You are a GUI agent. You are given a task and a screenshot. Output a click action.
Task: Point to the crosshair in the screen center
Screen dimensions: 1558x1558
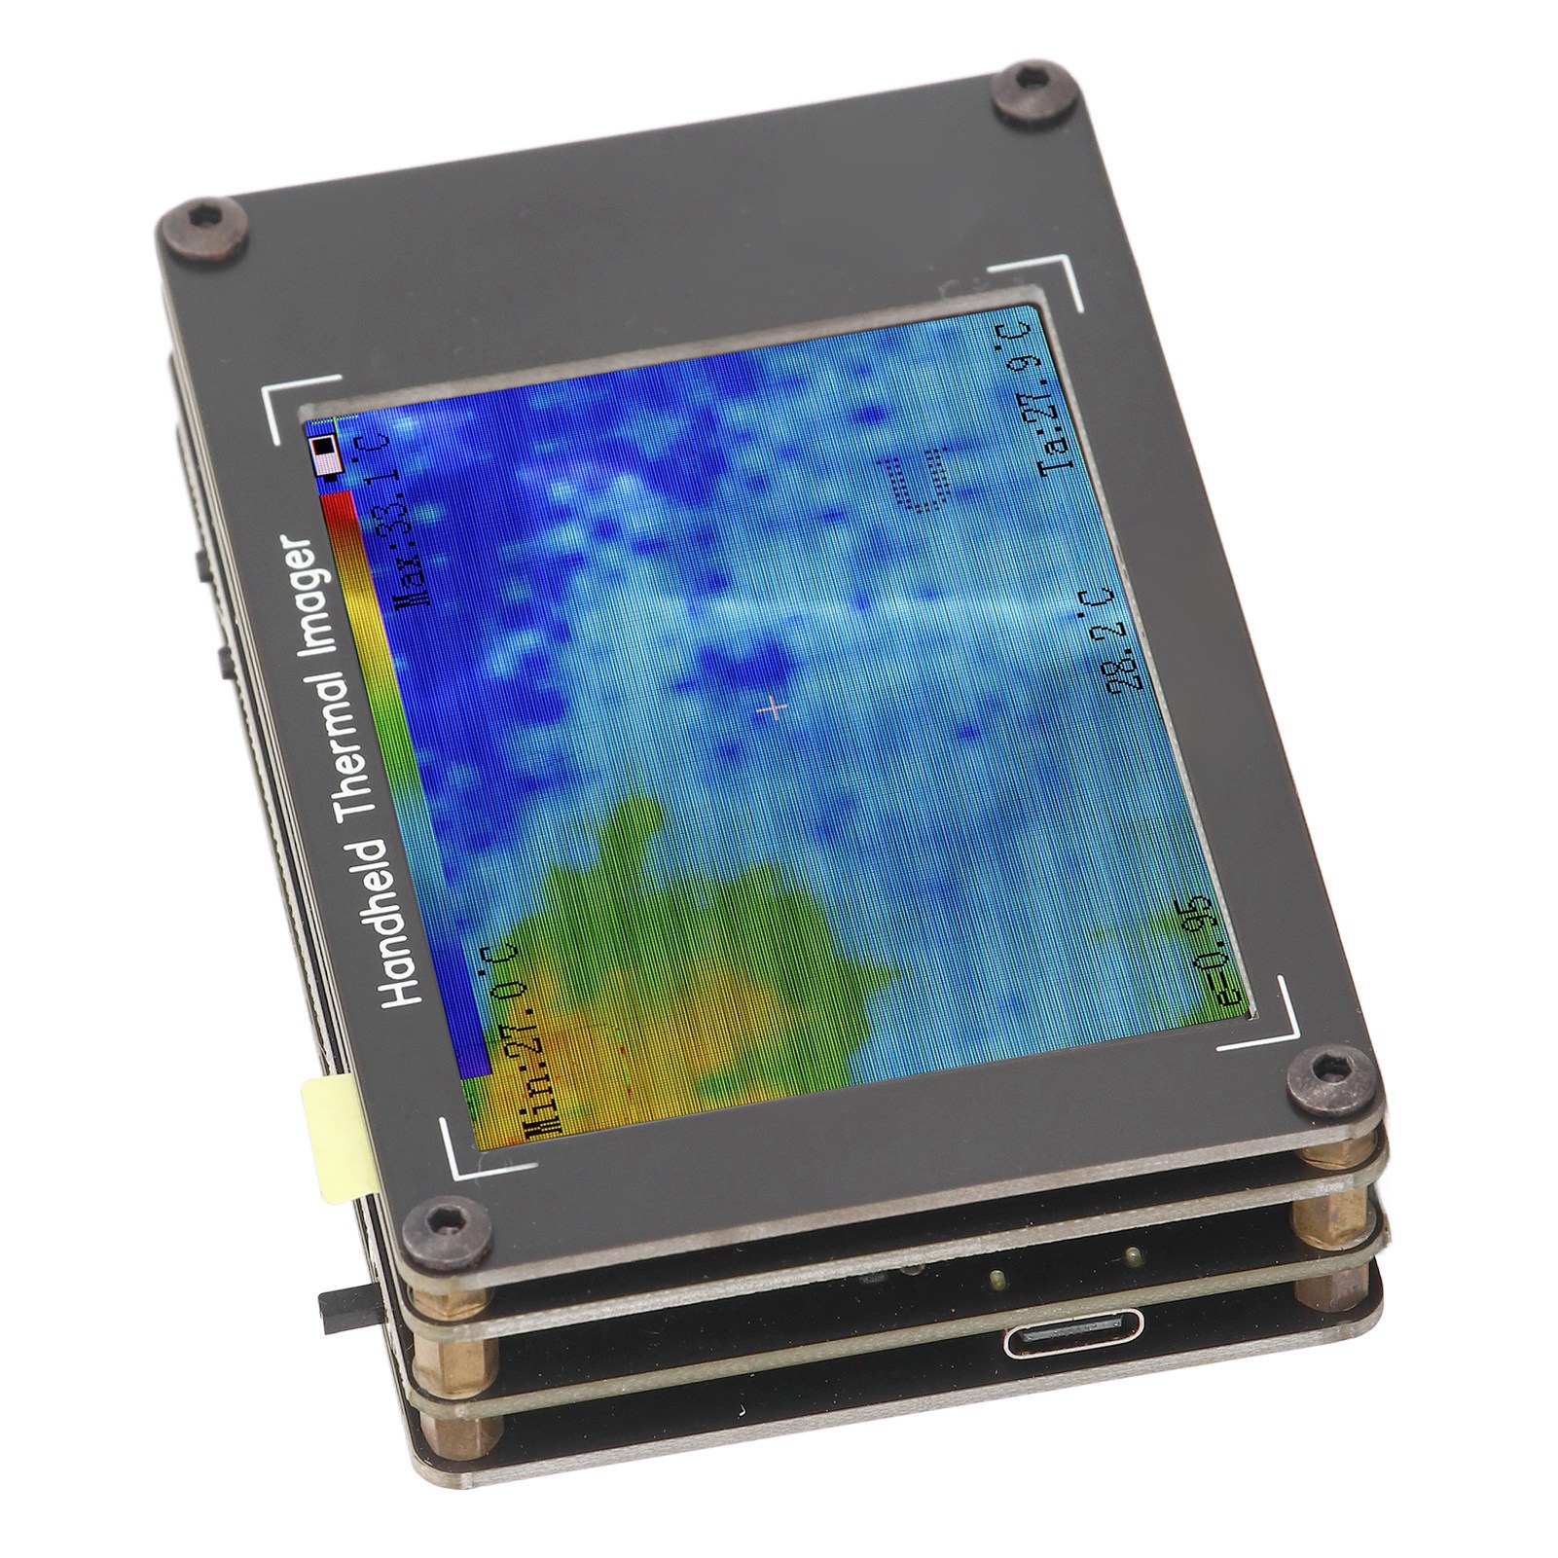click(776, 709)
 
